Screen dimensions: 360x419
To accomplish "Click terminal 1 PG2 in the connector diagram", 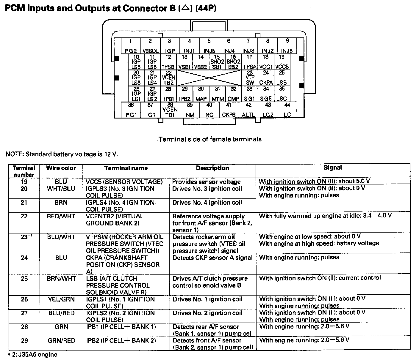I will coord(131,46).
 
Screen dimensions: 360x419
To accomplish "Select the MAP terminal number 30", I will coord(201,94).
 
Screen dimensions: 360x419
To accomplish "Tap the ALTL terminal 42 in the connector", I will coord(248,110).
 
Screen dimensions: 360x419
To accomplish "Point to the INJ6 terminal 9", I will coord(287,46).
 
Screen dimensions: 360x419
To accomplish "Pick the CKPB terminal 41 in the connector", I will coord(229,110).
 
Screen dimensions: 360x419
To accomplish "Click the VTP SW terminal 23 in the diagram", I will coord(250,78).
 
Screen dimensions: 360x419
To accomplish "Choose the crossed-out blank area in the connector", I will coord(209,78).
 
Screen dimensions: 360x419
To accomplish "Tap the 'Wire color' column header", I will coord(61,168).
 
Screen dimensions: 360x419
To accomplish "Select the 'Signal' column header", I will coord(332,168).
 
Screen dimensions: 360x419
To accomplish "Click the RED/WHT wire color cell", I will coord(61,216).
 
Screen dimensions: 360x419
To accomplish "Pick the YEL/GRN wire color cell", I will coord(61,299).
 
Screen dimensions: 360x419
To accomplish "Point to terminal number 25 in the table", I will coord(24,279).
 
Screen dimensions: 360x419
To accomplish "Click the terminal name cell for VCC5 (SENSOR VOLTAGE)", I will coord(124,182).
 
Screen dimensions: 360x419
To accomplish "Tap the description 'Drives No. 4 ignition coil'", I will coord(207,203).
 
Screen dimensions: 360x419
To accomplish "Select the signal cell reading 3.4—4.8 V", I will coord(325,216).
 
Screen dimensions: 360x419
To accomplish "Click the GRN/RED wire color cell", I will coord(61,341).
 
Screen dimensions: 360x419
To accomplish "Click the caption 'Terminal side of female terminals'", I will coord(210,139).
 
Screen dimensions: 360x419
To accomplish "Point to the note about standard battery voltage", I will coord(62,154).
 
